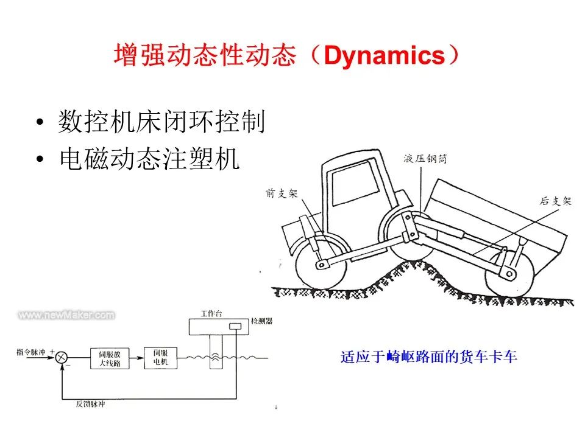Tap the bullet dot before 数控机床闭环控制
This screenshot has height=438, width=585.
[x=40, y=123]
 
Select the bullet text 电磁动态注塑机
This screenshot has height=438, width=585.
[x=149, y=159]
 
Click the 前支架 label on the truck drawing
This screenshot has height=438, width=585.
[x=282, y=193]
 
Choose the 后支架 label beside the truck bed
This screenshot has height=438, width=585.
[x=556, y=201]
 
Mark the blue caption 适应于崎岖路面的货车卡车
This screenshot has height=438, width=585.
[x=428, y=356]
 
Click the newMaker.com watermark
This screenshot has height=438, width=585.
[x=66, y=315]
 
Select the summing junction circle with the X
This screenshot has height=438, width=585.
[x=61, y=358]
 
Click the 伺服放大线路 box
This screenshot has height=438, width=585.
[x=108, y=358]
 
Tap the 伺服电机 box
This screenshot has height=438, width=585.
[x=160, y=358]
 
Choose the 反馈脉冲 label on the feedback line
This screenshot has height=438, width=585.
[x=90, y=403]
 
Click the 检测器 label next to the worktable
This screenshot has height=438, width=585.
[x=262, y=320]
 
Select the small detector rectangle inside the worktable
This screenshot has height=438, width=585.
[x=235, y=327]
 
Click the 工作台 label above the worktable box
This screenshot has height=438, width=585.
[x=211, y=313]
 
